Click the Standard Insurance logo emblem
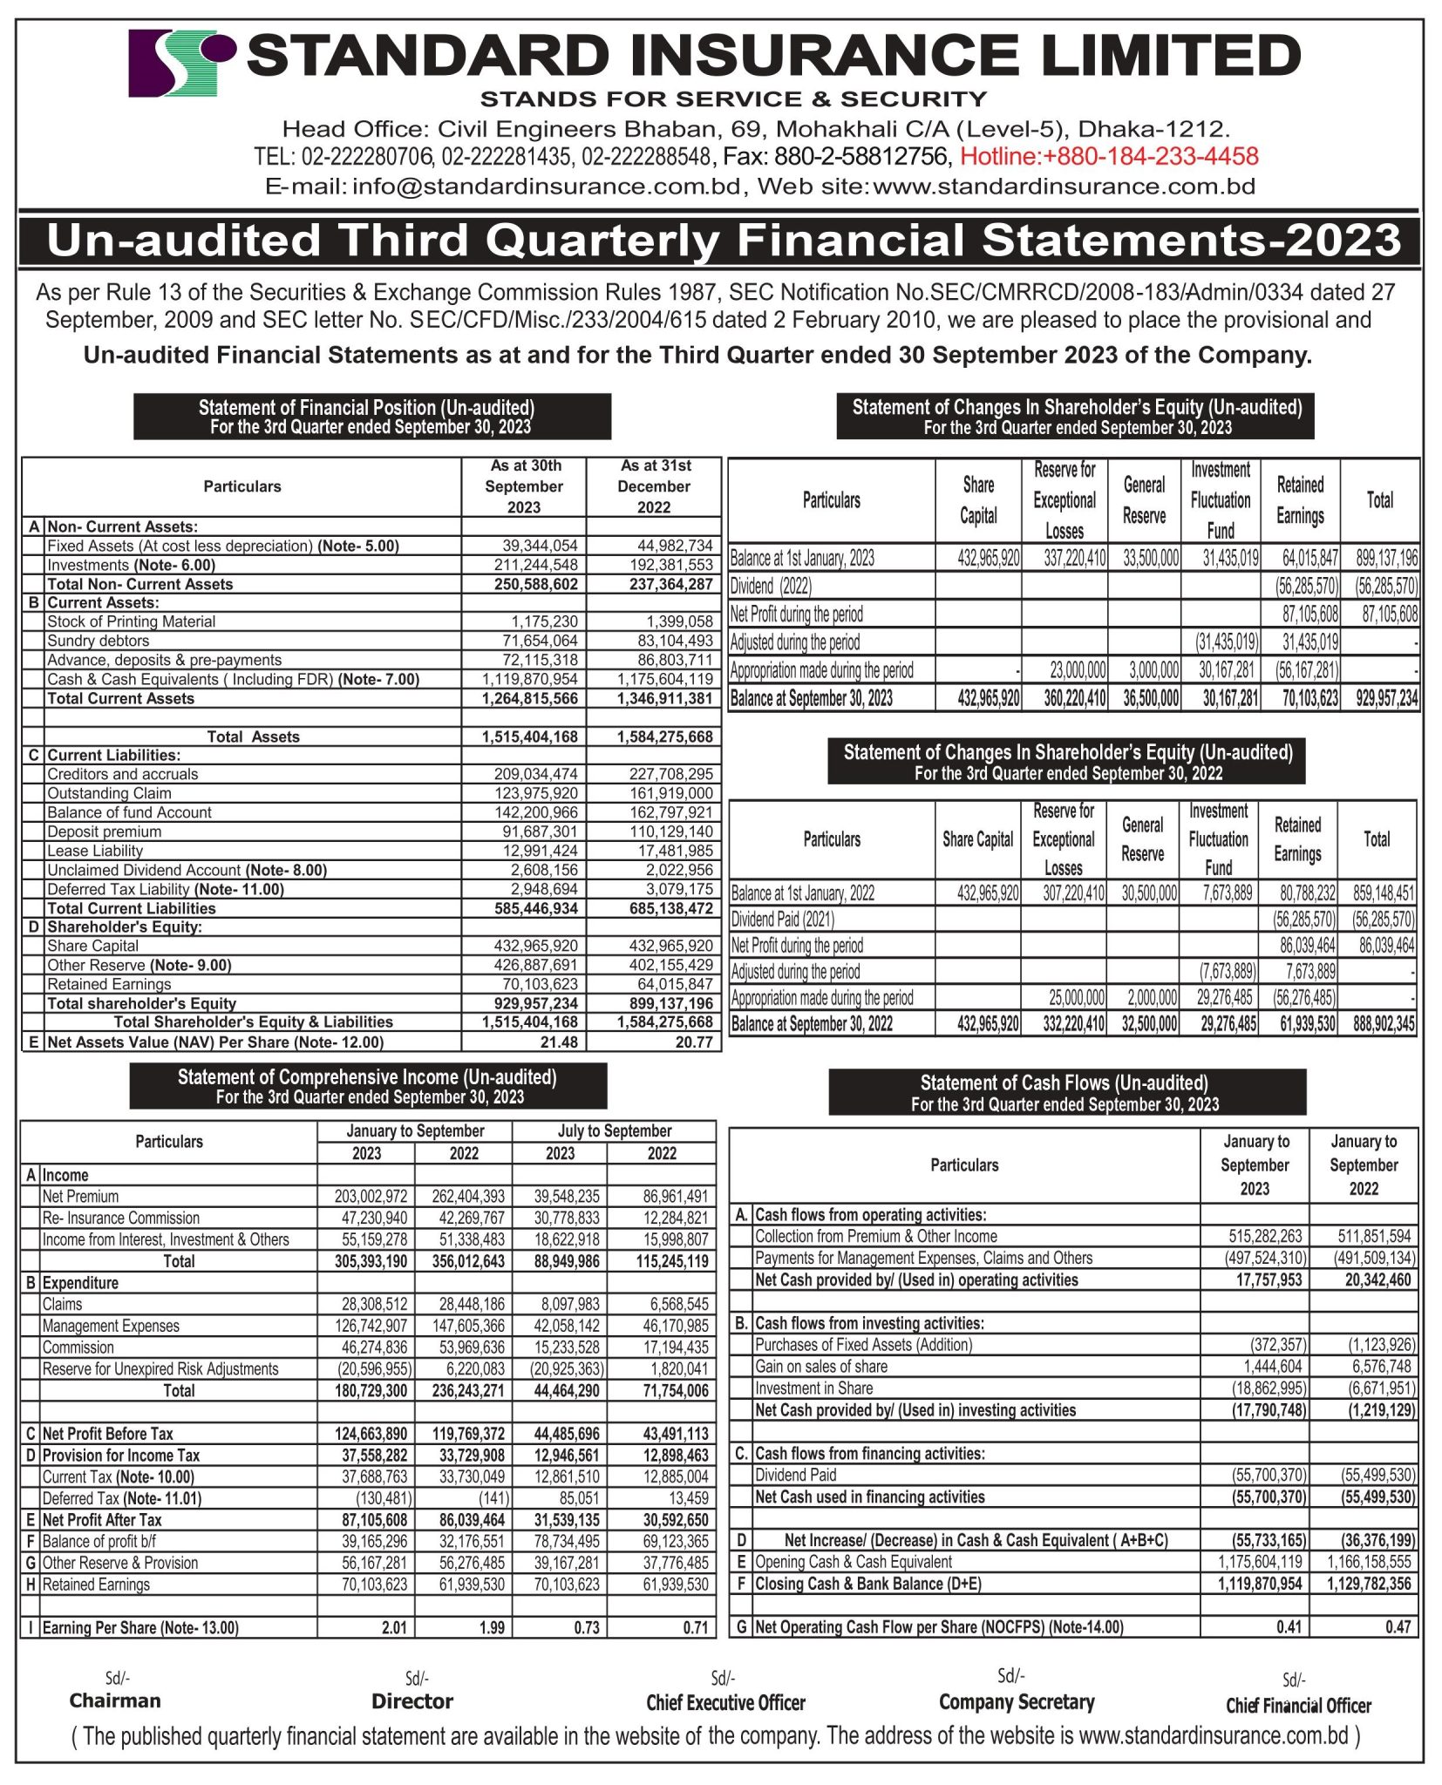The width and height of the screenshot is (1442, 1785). (181, 63)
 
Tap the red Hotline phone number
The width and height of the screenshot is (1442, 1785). (1109, 157)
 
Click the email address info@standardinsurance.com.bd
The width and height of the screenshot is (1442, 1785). (547, 187)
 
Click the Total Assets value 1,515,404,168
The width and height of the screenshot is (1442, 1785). (529, 736)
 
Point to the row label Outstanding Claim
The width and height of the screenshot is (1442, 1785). (109, 793)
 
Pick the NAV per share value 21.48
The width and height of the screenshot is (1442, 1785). (559, 1042)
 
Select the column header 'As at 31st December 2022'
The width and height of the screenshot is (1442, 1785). (653, 486)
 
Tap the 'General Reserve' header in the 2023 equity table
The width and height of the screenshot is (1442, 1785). (1144, 500)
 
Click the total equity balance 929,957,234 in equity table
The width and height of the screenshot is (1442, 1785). (1386, 698)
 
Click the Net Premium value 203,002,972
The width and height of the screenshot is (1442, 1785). (371, 1197)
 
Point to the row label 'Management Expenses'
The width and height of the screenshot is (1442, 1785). (111, 1326)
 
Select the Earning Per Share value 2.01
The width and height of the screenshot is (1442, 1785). (394, 1627)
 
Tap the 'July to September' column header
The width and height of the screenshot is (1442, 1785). (614, 1130)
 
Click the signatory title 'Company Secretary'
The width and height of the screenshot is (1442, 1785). (1016, 1702)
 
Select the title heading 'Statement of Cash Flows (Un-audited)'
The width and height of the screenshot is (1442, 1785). (1064, 1083)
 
